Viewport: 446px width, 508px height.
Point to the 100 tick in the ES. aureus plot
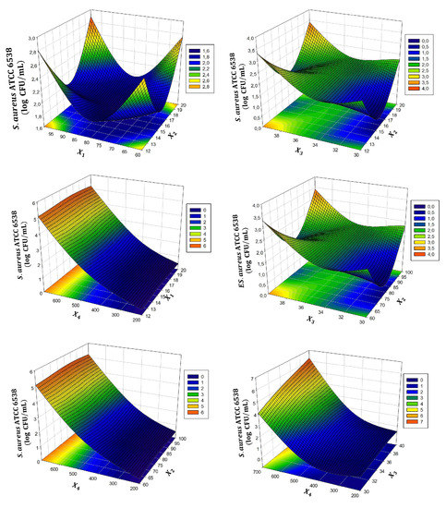point(424,274)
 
